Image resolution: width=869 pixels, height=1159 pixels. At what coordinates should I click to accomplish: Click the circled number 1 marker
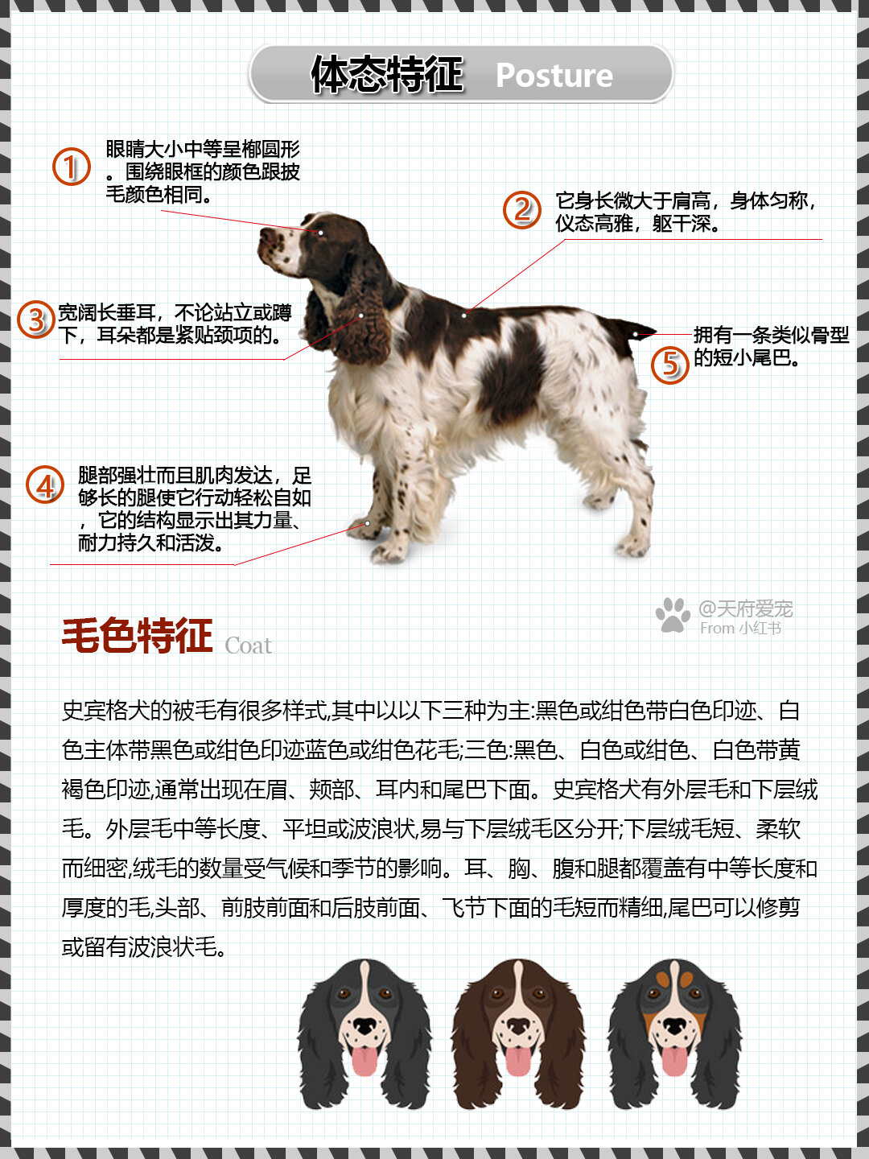(x=72, y=167)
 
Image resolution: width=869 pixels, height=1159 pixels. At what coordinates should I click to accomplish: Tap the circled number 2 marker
(x=522, y=209)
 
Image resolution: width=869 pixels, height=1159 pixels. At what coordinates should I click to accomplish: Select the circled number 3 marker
(x=36, y=320)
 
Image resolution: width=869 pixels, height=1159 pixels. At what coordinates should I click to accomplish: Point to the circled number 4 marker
(x=45, y=485)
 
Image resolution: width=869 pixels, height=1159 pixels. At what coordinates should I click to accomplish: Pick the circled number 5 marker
(x=669, y=364)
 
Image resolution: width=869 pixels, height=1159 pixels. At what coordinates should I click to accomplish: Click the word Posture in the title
(x=554, y=76)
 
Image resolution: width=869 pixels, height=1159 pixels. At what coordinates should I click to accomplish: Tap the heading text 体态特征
(x=387, y=75)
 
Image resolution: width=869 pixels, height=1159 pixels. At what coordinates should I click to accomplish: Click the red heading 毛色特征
(x=138, y=636)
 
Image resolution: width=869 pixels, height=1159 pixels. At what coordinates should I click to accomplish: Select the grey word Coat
(x=248, y=645)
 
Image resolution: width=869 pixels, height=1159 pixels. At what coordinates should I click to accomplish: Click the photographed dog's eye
(x=320, y=233)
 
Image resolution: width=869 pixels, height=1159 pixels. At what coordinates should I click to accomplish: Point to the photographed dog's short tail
(x=636, y=331)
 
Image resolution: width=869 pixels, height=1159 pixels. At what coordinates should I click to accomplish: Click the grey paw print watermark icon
(x=673, y=615)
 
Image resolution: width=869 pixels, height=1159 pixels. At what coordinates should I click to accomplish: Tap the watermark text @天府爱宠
(x=746, y=608)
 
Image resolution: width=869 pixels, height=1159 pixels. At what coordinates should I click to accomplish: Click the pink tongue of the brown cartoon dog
(x=518, y=1061)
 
